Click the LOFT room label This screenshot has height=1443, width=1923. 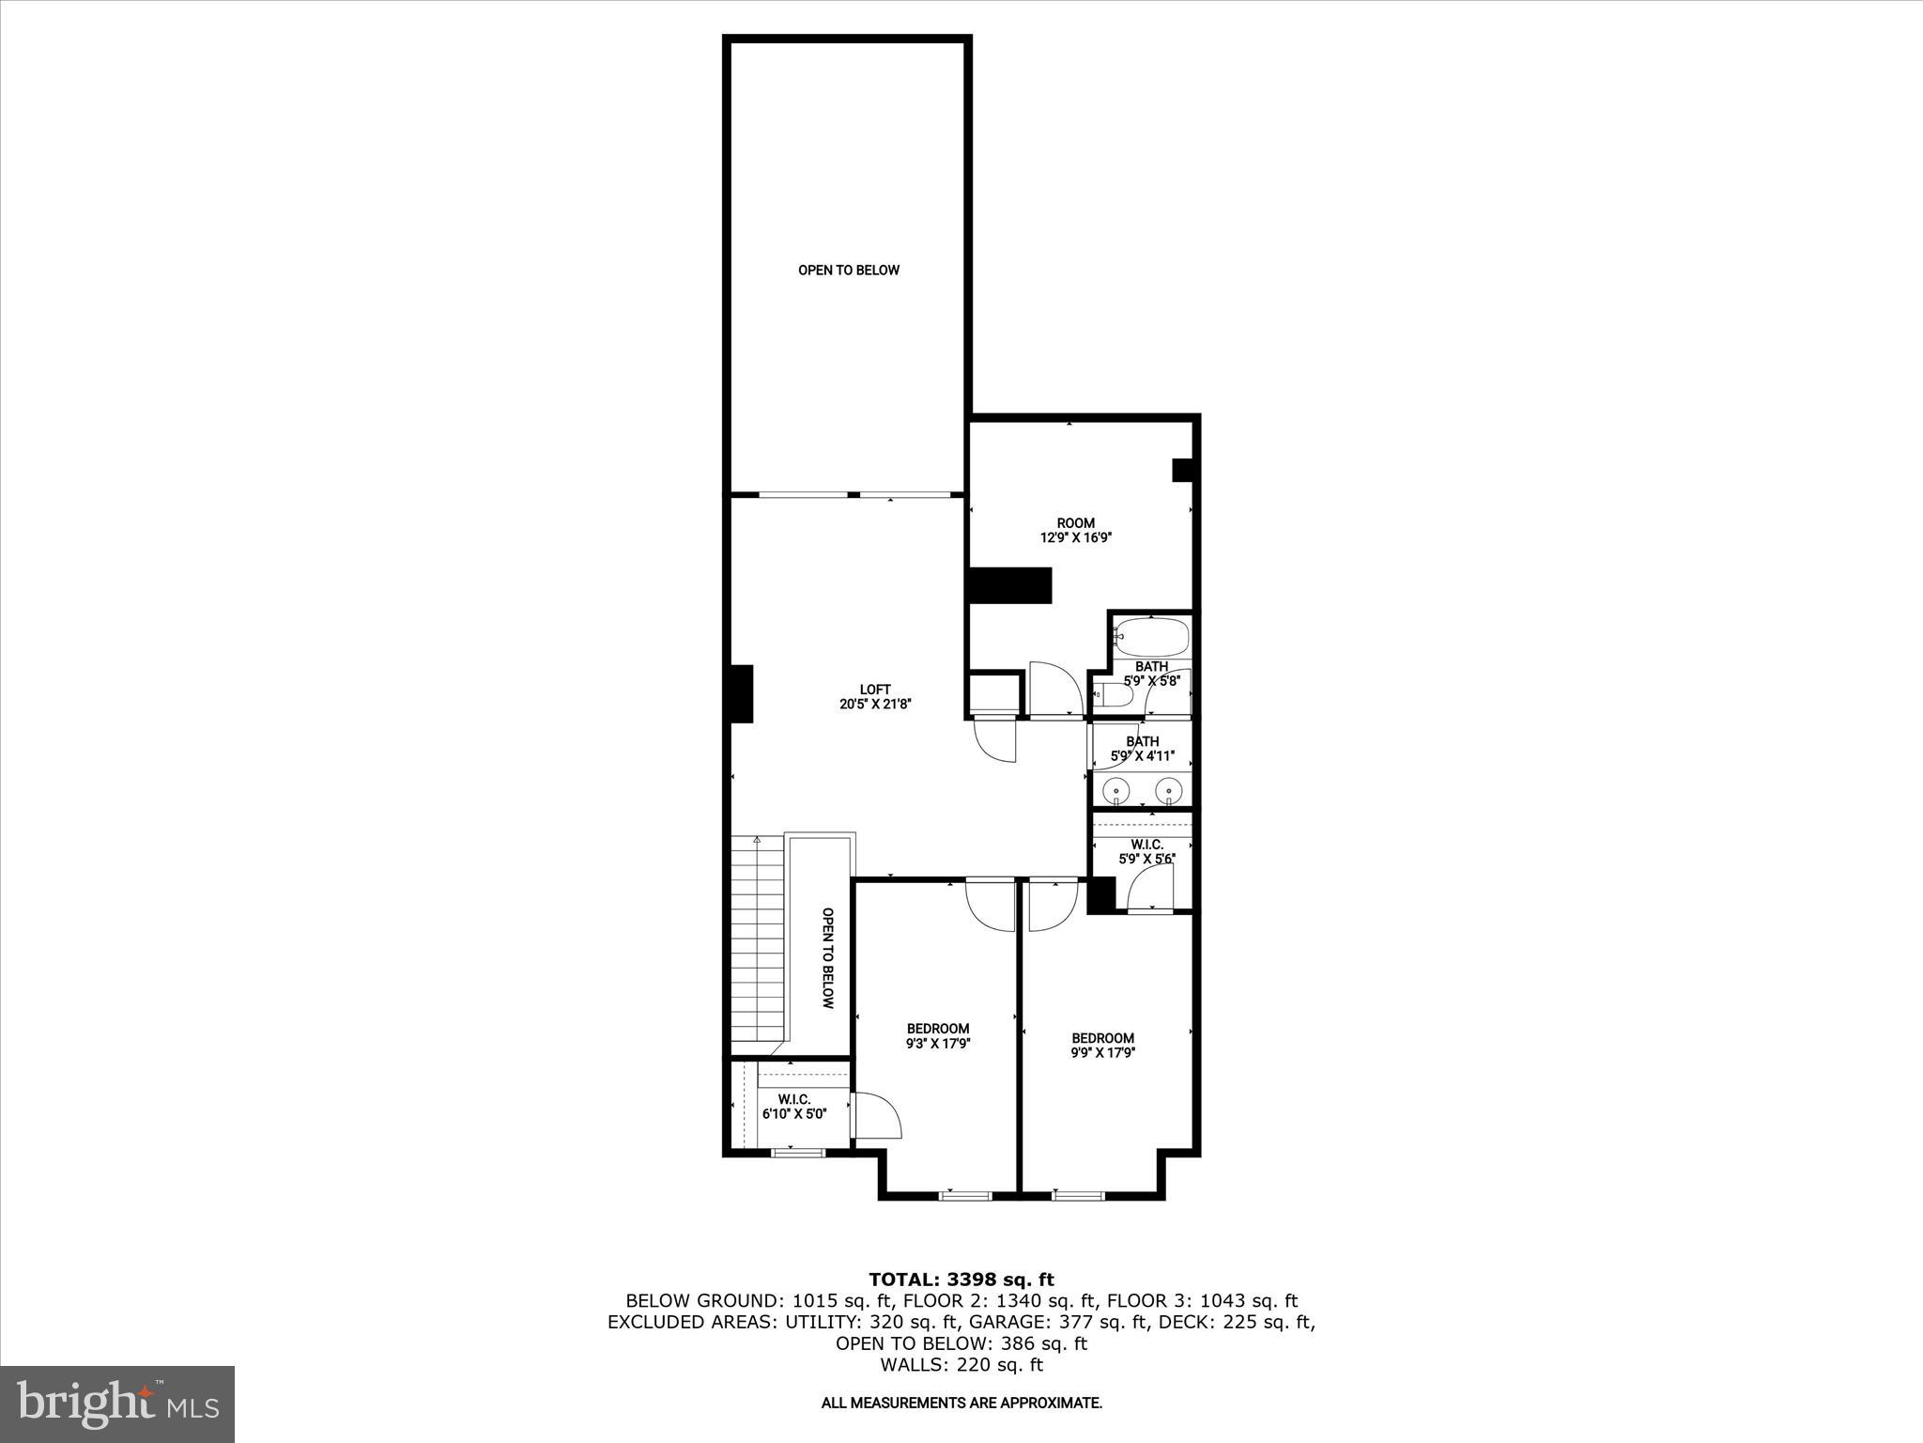pos(875,696)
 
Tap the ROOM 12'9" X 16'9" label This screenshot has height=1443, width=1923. pos(1075,531)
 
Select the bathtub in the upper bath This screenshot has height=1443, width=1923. pos(1151,638)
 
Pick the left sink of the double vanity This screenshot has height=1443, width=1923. pos(1116,790)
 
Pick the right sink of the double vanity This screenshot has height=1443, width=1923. pos(1168,790)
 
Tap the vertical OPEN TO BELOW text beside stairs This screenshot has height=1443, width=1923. pos(827,957)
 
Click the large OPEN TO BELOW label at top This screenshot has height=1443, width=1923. pos(848,271)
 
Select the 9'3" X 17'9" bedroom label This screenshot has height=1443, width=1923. pos(937,1035)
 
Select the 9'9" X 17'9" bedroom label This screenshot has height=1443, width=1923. pos(1103,1045)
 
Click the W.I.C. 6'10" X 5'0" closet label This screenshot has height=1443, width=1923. pos(793,1107)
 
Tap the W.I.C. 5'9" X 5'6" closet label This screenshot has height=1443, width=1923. pos(1146,851)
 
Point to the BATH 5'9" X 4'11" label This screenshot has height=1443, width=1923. pos(1142,749)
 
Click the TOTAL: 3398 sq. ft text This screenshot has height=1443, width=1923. pos(961,1280)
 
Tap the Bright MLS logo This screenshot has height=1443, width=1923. pos(117,1404)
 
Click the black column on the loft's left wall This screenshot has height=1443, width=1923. pos(742,693)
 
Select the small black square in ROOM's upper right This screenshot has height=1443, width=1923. pos(1182,470)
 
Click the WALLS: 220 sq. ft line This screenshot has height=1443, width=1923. pos(961,1365)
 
